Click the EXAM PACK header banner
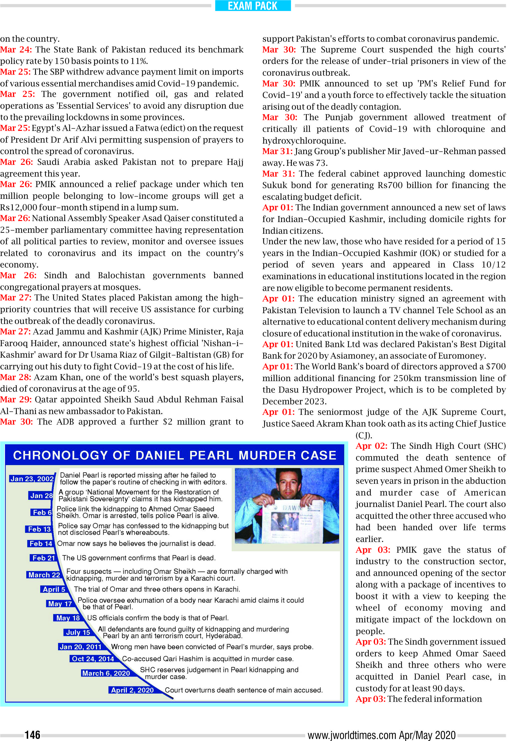pyautogui.click(x=253, y=6)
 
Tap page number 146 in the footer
pyautogui.click(x=32, y=735)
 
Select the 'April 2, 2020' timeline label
pyautogui.click(x=132, y=690)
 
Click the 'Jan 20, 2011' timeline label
pyautogui.click(x=80, y=647)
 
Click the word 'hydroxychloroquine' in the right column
pyautogui.click(x=304, y=140)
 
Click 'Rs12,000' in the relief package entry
pyautogui.click(x=18, y=207)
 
